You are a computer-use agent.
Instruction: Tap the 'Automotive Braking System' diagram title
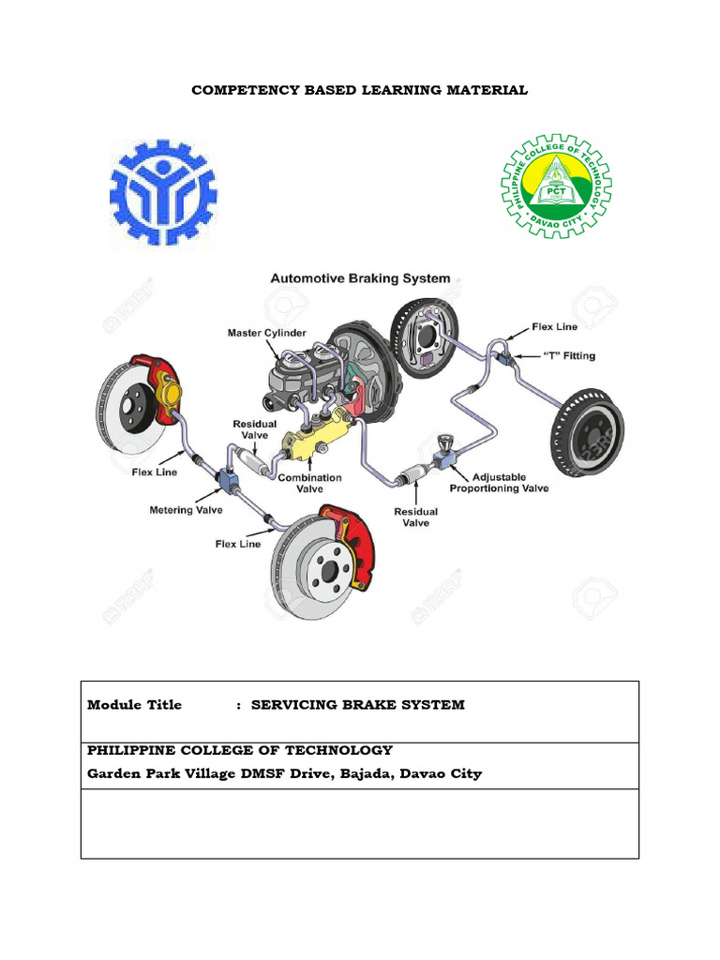tap(360, 278)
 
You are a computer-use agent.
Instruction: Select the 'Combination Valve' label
tap(309, 484)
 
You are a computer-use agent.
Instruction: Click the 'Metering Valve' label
tap(185, 510)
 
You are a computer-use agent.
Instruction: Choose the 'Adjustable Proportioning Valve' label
tap(499, 483)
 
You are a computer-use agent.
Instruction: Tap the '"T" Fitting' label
tap(569, 356)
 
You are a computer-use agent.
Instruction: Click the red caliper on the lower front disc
tap(349, 544)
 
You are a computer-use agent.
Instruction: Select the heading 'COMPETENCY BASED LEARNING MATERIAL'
tap(360, 90)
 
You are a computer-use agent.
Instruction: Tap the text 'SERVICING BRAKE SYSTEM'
tap(357, 705)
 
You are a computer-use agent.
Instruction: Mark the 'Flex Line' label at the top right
tap(554, 327)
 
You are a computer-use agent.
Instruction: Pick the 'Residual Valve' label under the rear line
tap(415, 517)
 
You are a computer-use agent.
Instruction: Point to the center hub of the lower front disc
tap(325, 569)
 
